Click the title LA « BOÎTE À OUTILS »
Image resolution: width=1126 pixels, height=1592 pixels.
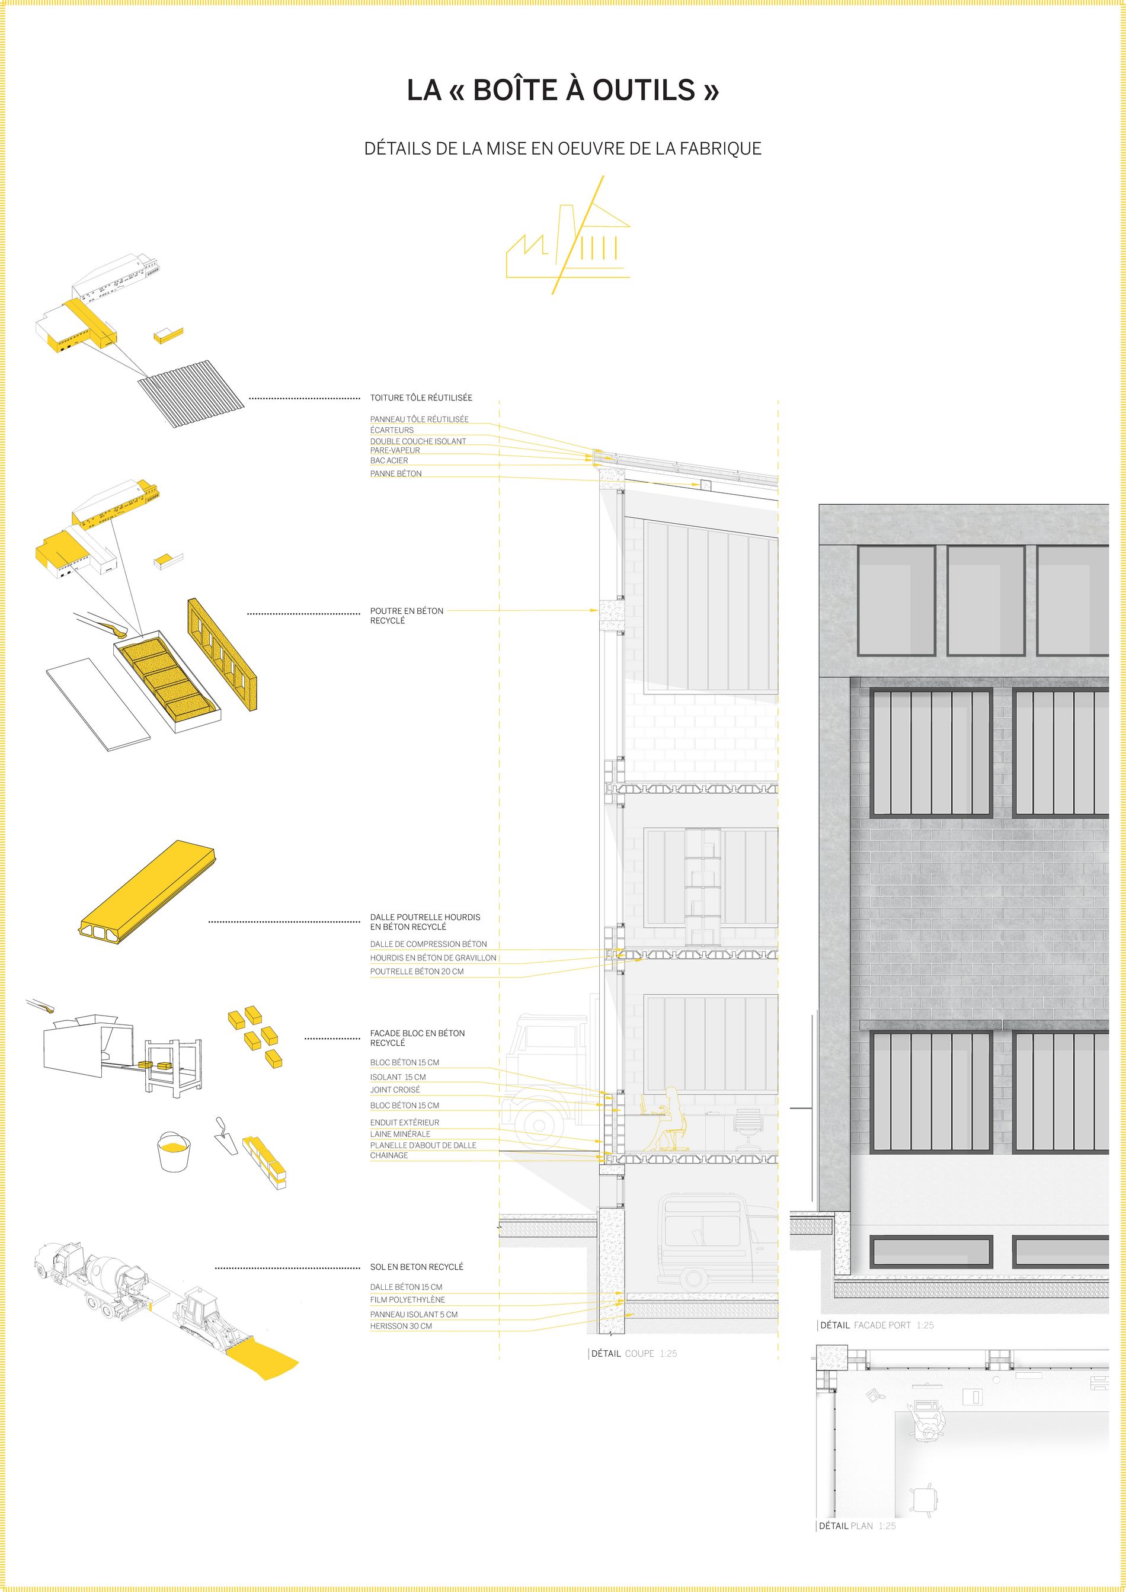pos(563,90)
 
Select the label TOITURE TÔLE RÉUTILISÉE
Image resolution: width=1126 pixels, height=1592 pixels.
pos(421,398)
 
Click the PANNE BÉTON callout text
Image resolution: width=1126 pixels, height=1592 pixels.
pos(396,473)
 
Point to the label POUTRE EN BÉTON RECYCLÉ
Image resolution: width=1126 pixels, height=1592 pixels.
pos(407,616)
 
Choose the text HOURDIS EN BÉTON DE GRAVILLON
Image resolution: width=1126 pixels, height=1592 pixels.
pos(433,957)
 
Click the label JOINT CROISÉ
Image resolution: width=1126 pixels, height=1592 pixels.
pos(395,1090)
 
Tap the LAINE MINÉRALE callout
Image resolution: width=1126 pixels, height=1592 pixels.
pos(400,1133)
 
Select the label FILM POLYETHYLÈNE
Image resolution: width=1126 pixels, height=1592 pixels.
pos(408,1299)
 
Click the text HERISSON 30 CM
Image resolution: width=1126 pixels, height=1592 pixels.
pos(401,1326)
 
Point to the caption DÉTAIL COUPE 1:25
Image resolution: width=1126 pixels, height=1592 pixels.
pos(634,1353)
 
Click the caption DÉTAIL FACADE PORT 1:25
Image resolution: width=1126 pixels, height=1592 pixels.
pos(877,1325)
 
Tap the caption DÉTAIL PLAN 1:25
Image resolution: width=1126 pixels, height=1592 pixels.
pos(857,1526)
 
